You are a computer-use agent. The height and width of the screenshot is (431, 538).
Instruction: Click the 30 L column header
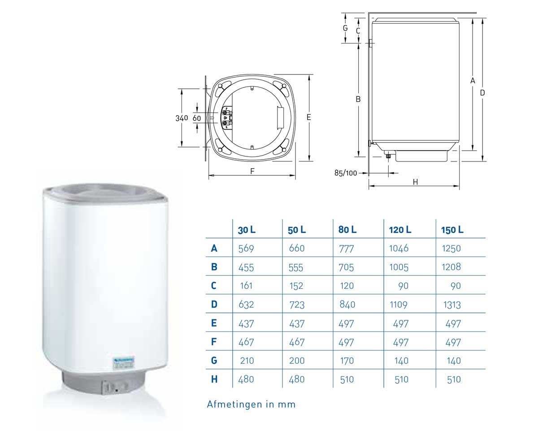(x=247, y=230)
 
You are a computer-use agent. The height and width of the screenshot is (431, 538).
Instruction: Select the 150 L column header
(x=451, y=230)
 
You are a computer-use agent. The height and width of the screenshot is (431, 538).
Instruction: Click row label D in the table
(x=214, y=305)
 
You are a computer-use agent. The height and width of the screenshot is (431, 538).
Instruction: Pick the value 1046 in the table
(x=399, y=248)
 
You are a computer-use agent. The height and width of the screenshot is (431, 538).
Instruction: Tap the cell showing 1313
(x=451, y=305)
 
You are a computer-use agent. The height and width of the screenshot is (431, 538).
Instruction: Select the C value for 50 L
(x=296, y=286)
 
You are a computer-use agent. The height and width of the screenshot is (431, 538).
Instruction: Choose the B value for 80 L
(x=347, y=267)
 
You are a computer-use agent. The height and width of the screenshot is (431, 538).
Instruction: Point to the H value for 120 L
(x=401, y=379)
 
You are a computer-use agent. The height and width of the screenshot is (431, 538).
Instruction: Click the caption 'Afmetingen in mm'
(x=251, y=404)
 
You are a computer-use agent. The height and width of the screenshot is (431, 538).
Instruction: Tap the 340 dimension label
(x=181, y=118)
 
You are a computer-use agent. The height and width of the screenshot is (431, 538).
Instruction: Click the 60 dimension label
(x=197, y=118)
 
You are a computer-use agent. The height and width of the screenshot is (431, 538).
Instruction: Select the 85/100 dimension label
(x=346, y=173)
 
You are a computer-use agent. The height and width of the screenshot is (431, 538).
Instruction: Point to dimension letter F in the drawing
(x=252, y=171)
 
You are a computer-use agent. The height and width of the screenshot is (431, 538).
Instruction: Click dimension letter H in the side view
(x=415, y=182)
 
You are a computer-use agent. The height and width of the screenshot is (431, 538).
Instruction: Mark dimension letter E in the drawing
(x=308, y=117)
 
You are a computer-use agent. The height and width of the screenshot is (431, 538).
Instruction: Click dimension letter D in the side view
(x=482, y=92)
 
